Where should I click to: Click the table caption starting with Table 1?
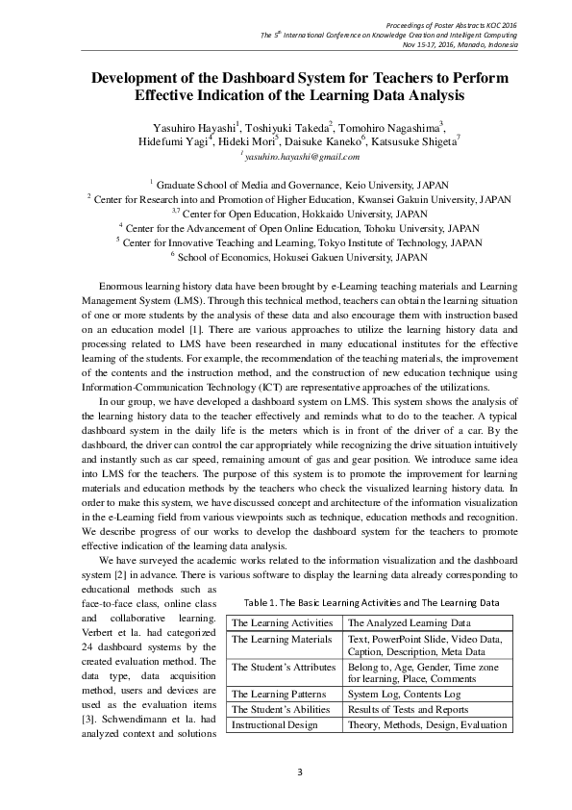coord(370,602)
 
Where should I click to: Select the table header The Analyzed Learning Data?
coord(409,623)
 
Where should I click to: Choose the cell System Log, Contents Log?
coord(405,693)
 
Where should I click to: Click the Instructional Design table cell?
coord(275,724)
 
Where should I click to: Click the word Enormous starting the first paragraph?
coord(123,286)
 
